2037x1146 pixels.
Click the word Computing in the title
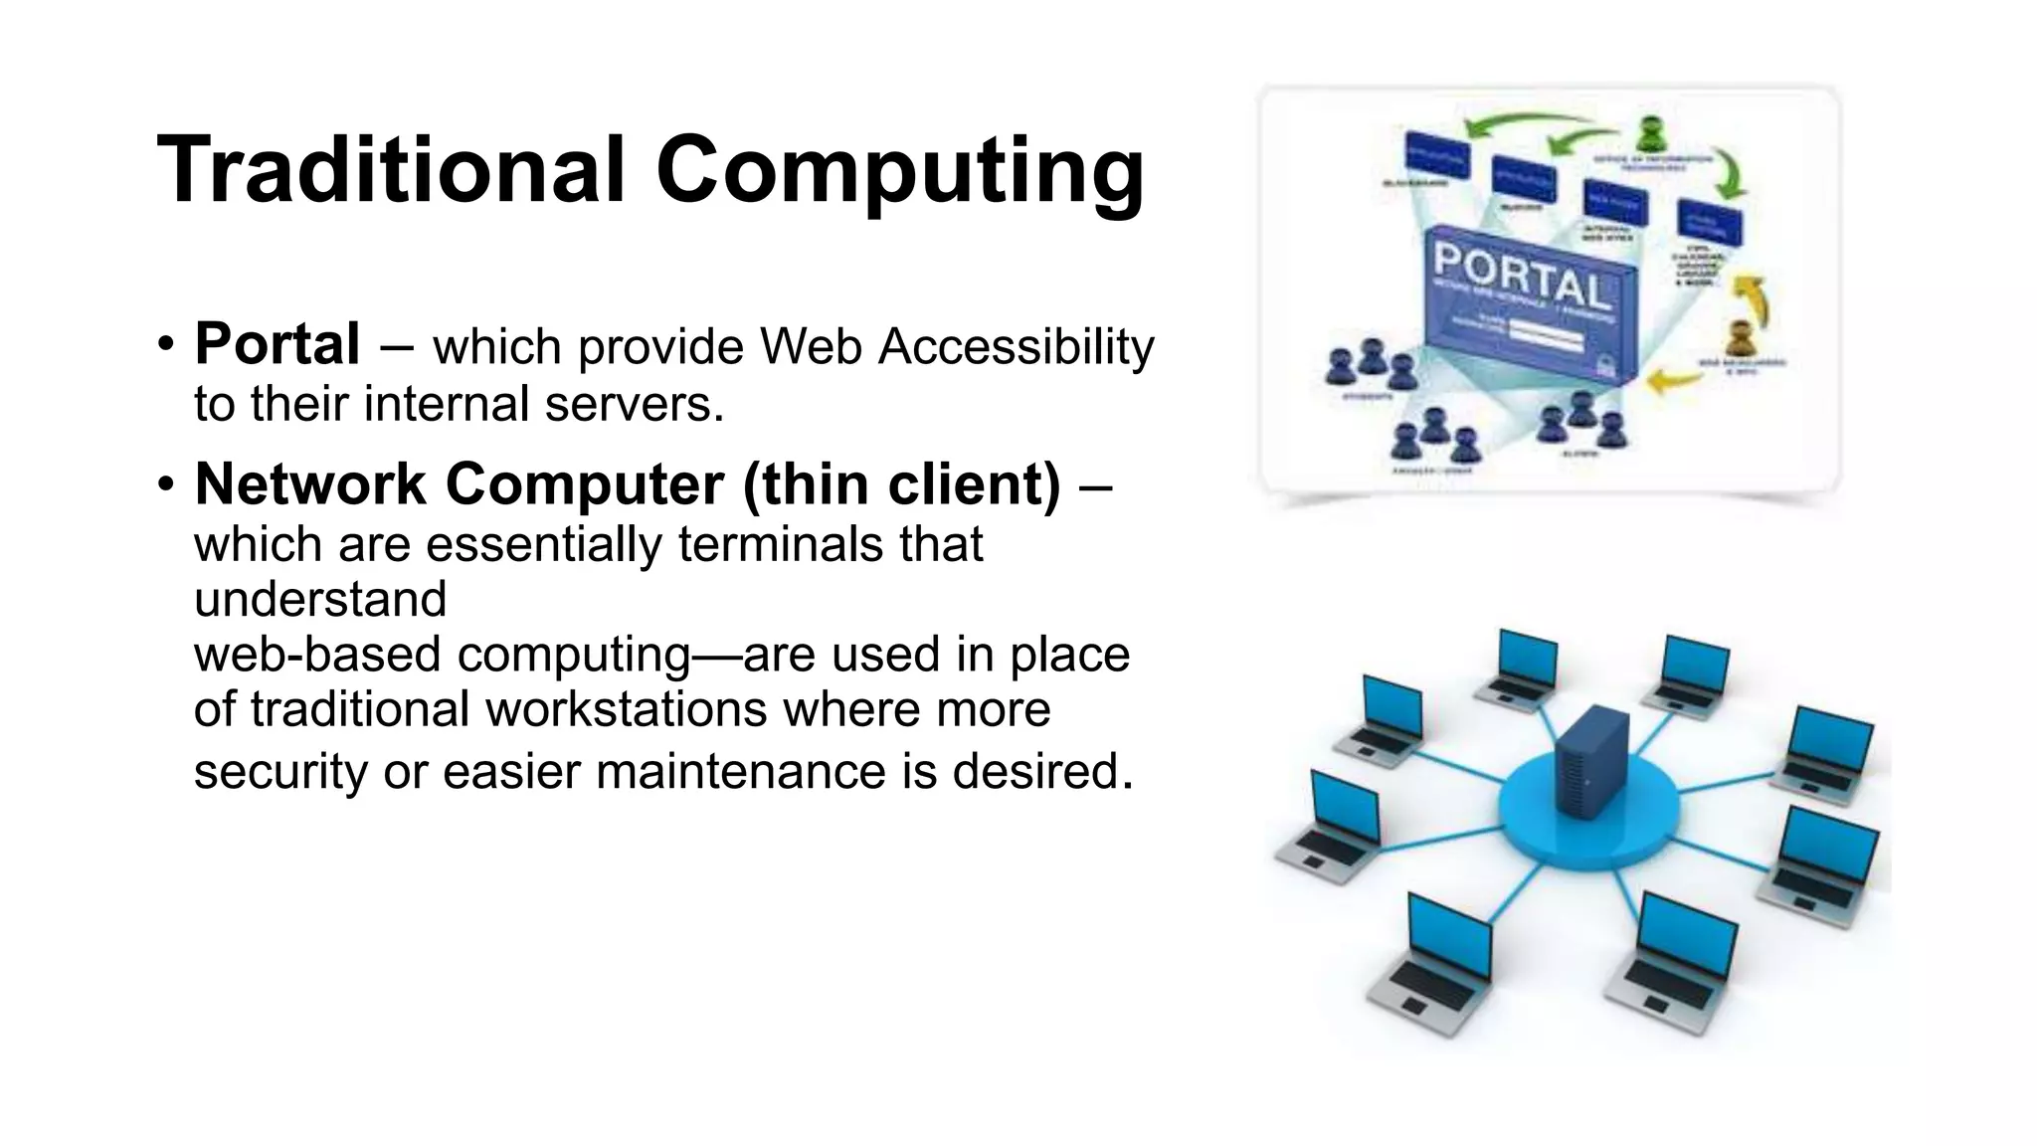tap(899, 171)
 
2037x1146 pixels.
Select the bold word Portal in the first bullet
tap(277, 344)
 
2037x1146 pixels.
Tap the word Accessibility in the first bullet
tap(1017, 348)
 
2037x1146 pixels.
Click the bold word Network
tap(310, 484)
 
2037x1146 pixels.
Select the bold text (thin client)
tap(902, 484)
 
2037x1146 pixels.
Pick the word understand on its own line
tap(320, 599)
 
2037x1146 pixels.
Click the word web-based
tap(317, 655)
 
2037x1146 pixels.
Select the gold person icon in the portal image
tap(1739, 338)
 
